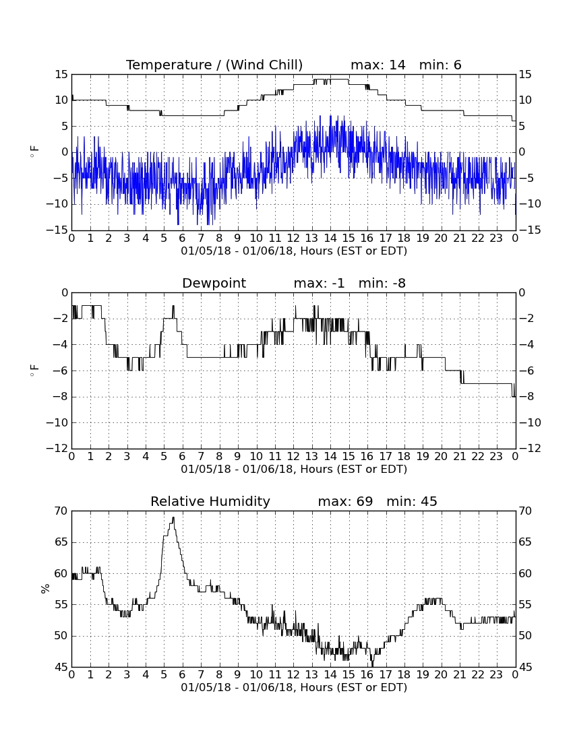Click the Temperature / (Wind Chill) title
click(214, 65)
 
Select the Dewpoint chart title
click(214, 283)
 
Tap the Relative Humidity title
click(210, 501)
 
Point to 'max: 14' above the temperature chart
click(378, 65)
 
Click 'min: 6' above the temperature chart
click(440, 65)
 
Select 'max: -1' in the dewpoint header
click(319, 283)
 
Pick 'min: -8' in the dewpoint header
click(382, 283)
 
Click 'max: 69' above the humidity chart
click(346, 501)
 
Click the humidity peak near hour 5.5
click(173, 517)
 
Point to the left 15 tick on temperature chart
click(61, 75)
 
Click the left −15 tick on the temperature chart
click(57, 230)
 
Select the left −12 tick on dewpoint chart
click(57, 449)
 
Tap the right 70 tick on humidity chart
click(525, 511)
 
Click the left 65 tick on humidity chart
click(61, 542)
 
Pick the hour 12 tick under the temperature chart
click(294, 238)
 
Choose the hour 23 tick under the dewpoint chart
click(496, 457)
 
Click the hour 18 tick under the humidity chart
click(404, 675)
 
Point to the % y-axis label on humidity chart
click(45, 589)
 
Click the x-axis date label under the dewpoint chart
click(294, 470)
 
